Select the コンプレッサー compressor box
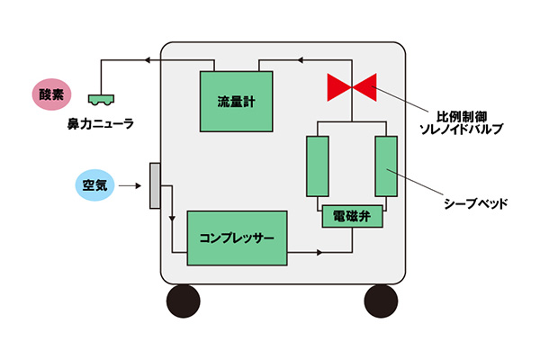237,238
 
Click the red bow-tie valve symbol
352,88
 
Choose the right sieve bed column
386,166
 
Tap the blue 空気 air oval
91,186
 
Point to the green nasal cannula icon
100,97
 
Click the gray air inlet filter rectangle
155,185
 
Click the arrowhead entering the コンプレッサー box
171,218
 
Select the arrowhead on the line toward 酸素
144,60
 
